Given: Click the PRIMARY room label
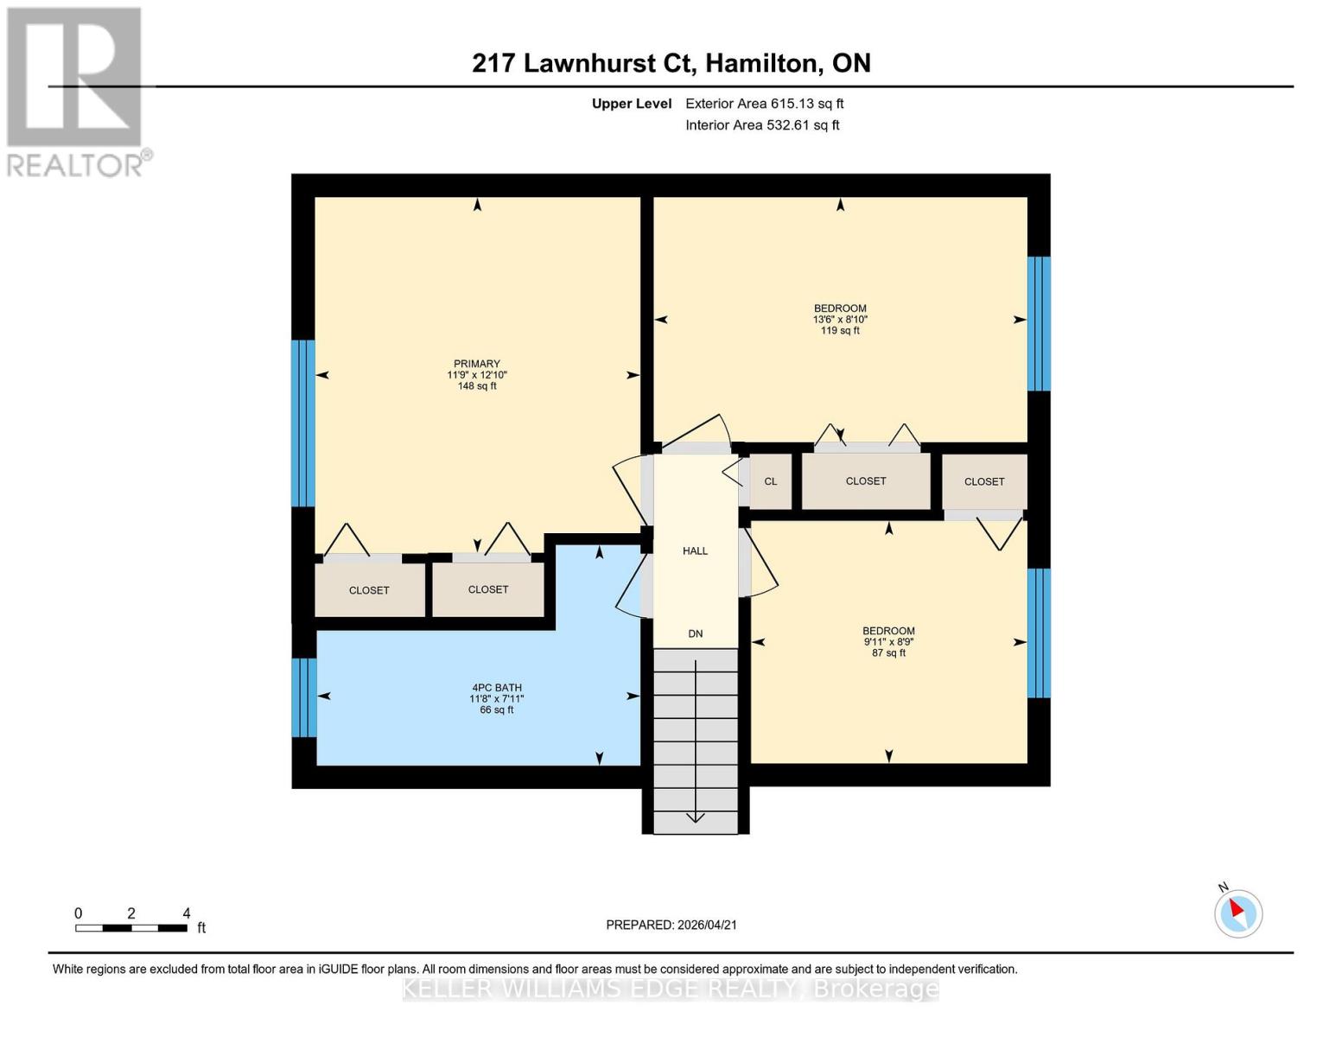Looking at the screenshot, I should (477, 364).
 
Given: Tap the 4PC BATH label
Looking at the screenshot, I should (496, 688).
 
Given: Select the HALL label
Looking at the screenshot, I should (695, 550).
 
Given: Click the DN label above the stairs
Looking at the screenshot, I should (695, 633).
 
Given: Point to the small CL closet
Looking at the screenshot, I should (770, 481).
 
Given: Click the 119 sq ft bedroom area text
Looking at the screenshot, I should (840, 331).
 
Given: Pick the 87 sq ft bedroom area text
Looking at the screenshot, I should (888, 653).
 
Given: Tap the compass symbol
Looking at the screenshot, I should (1238, 913).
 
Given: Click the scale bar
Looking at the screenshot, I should (131, 928).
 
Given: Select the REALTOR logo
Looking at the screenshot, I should (75, 91).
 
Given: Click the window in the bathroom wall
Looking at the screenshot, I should (303, 697).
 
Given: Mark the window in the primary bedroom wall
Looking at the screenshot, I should (302, 423).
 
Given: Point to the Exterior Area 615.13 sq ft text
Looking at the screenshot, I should (764, 104).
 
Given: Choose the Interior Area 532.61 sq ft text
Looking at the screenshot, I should (762, 125).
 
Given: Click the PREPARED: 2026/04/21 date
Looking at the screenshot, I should (671, 925).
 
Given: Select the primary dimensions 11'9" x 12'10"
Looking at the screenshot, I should (477, 375).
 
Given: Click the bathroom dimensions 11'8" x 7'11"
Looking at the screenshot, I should (496, 699).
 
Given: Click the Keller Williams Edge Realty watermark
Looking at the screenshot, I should (671, 989).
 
